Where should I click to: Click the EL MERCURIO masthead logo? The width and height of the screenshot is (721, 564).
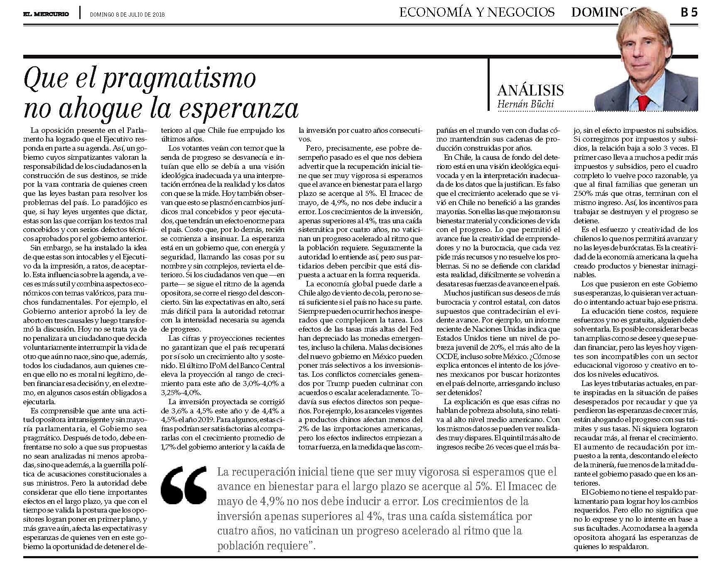46,14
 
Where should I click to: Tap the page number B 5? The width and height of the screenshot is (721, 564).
688,13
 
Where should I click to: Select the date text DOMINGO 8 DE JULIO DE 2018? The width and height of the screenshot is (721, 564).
128,14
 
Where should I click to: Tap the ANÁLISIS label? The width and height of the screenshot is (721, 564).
530,90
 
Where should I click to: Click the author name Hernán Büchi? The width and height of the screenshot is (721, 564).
525,104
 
